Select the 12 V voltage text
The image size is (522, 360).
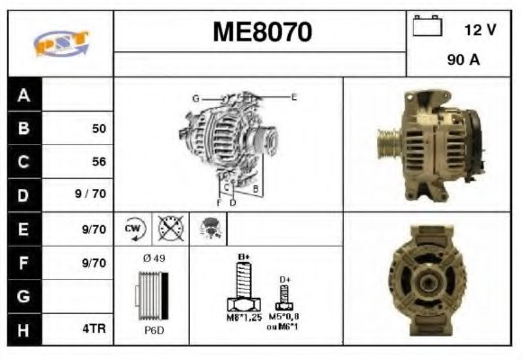coord(480,30)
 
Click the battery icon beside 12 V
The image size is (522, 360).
coord(425,28)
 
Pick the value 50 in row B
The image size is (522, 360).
coord(99,129)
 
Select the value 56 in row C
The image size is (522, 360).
coord(99,163)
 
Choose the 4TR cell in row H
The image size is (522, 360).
coord(94,328)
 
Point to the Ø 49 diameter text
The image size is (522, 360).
coord(155,259)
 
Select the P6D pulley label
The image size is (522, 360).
coord(153,330)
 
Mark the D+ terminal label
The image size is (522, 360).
coord(284,280)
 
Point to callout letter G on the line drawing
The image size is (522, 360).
coord(194,96)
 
